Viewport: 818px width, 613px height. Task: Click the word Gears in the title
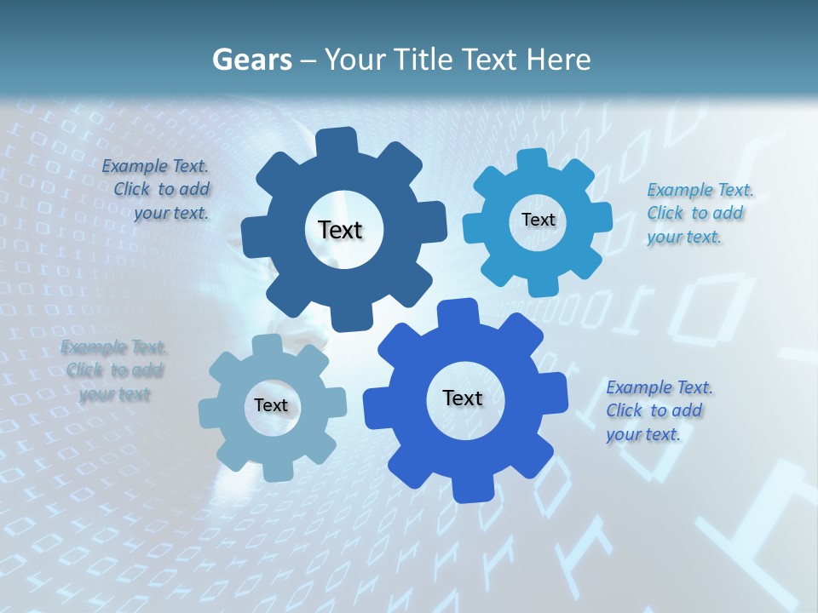(251, 60)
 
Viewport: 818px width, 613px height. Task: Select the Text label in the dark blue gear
(340, 230)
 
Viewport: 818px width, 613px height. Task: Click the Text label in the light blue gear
(538, 220)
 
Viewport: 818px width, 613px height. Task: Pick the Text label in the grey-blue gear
(271, 405)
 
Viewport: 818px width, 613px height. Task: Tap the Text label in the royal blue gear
(463, 398)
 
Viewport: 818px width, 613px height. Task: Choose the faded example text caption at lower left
(114, 370)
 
